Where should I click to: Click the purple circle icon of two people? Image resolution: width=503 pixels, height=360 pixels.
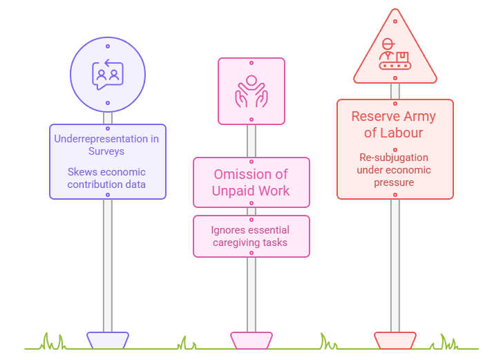pos(108,74)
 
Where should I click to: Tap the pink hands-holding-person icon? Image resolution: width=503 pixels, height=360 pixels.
pos(251,91)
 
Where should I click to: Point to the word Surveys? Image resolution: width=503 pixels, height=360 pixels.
pos(107,151)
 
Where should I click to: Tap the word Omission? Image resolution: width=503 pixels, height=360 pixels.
pos(241,175)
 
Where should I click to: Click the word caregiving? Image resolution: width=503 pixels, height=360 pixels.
pos(231,243)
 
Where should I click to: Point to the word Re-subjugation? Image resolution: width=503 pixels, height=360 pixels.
pos(394,158)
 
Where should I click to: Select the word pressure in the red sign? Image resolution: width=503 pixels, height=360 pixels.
pos(394,182)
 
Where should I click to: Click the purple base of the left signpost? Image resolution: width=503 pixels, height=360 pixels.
pos(108,340)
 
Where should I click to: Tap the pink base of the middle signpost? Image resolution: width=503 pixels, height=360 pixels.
pos(251,340)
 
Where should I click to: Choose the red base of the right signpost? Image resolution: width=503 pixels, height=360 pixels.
pos(395,340)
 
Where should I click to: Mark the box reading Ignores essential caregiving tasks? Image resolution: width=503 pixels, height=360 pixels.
pos(251,236)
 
